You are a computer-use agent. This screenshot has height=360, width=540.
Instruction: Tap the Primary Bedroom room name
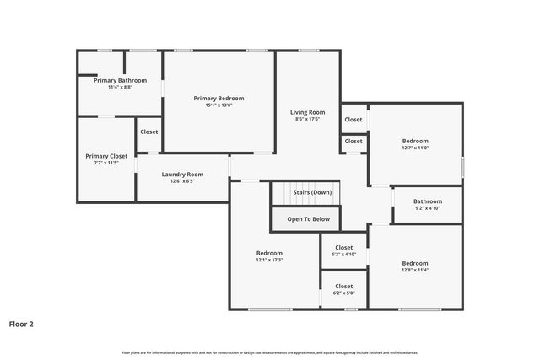[x=219, y=98]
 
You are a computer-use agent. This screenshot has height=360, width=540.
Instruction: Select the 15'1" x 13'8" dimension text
[x=219, y=105]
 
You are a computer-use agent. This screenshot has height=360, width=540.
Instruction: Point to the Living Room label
[x=308, y=112]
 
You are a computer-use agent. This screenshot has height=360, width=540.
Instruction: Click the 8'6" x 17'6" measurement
[x=308, y=120]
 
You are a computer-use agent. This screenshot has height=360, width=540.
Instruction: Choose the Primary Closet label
[x=106, y=156]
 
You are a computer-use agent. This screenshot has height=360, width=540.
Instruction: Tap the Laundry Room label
[x=182, y=175]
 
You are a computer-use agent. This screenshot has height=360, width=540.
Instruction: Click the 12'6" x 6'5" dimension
[x=182, y=181]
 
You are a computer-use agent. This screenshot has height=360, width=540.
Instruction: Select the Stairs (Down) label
[x=312, y=192]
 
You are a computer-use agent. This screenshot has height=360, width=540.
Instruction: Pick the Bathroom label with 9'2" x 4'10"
[x=428, y=201]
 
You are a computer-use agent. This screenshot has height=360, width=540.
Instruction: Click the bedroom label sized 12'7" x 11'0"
[x=415, y=141]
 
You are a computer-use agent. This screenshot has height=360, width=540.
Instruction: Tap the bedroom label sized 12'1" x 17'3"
[x=270, y=253]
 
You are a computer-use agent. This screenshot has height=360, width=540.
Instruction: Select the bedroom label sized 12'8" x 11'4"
[x=415, y=263]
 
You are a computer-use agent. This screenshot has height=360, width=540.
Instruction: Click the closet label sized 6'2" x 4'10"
[x=344, y=247]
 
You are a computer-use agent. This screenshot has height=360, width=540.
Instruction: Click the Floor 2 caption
[x=21, y=324]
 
